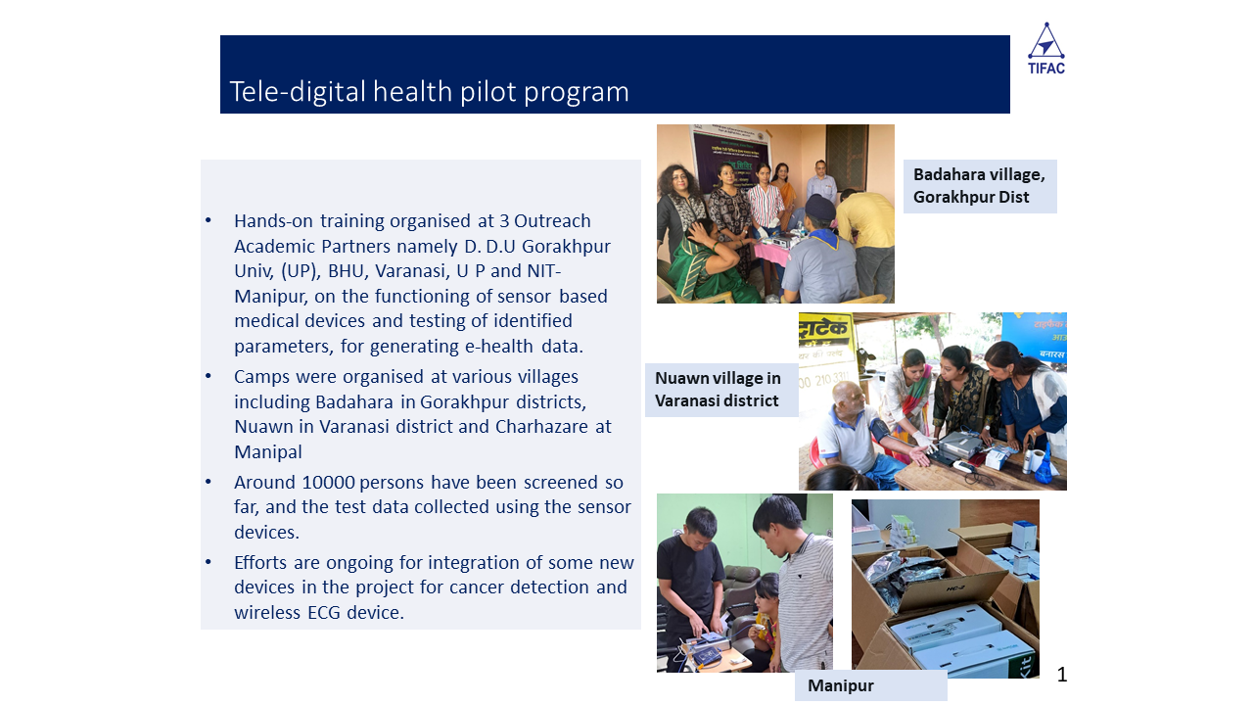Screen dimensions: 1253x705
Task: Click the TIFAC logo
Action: (x=1046, y=48)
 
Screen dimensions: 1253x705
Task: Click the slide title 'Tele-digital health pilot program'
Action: (x=429, y=91)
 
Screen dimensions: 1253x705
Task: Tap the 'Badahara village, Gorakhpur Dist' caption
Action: (x=980, y=186)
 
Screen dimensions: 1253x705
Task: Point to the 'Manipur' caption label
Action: (x=840, y=685)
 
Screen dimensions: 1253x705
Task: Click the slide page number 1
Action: (x=1062, y=675)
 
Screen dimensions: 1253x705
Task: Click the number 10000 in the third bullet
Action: (x=328, y=482)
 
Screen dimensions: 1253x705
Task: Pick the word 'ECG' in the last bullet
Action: (x=324, y=612)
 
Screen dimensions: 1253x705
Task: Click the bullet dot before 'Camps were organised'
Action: (x=209, y=376)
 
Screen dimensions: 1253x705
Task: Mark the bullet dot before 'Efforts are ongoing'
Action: (x=209, y=562)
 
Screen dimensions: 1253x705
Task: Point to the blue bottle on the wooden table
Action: (x=1044, y=463)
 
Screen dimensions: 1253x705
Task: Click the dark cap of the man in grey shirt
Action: (x=819, y=206)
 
